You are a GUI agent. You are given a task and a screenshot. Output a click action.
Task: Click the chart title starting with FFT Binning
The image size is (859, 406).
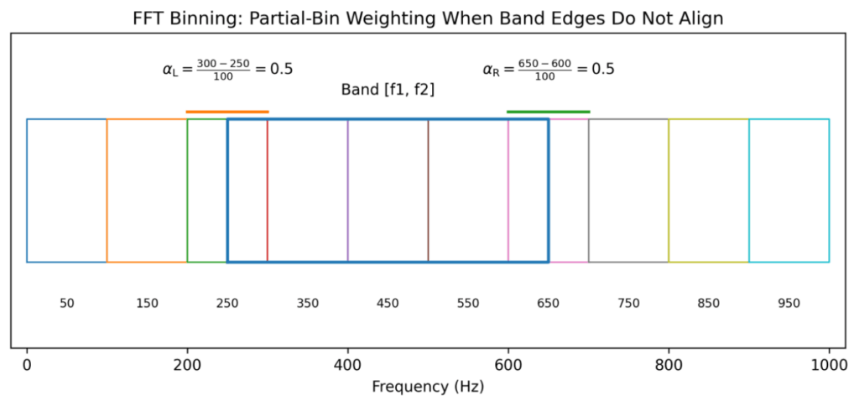pyautogui.click(x=428, y=18)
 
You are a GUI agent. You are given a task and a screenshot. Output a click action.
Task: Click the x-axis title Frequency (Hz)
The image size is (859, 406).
pyautogui.click(x=428, y=388)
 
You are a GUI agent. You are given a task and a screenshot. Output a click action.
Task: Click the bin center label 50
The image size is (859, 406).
pyautogui.click(x=67, y=303)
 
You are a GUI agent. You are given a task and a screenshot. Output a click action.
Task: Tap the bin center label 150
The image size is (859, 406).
pyautogui.click(x=147, y=303)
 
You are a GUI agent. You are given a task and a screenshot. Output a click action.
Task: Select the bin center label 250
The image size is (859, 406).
pyautogui.click(x=227, y=303)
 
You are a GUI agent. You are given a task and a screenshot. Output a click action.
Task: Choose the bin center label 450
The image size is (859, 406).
pyautogui.click(x=388, y=303)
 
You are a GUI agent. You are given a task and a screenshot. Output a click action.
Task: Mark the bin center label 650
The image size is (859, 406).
pyautogui.click(x=549, y=303)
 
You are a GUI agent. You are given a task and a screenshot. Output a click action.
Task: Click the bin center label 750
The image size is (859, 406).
pyautogui.click(x=628, y=303)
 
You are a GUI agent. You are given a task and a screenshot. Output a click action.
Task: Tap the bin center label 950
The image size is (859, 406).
pyautogui.click(x=789, y=303)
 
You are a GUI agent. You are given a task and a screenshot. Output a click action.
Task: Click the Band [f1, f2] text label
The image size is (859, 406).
pyautogui.click(x=388, y=89)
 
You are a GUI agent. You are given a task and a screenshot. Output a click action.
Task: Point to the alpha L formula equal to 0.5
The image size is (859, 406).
pyautogui.click(x=227, y=69)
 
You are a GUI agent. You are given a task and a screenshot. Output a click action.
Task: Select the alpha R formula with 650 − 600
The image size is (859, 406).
pyautogui.click(x=549, y=69)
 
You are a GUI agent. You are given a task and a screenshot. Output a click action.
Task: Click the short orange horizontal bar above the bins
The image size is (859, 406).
pyautogui.click(x=227, y=112)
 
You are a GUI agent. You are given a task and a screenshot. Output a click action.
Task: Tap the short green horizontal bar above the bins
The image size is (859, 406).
pyautogui.click(x=549, y=112)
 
